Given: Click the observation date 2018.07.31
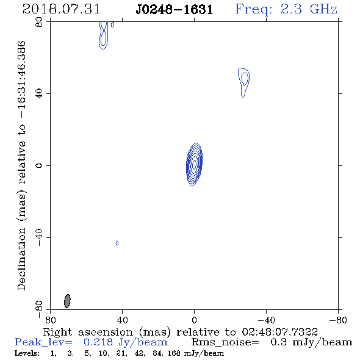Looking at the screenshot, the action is pyautogui.click(x=61, y=9).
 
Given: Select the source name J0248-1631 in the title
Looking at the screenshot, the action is pyautogui.click(x=175, y=10).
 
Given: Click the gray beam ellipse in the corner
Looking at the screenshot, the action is pyautogui.click(x=67, y=301).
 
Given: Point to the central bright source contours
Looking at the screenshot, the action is pyautogui.click(x=194, y=164).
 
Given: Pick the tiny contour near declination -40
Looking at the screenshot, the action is pyautogui.click(x=117, y=243).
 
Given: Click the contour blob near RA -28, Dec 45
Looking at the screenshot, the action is pyautogui.click(x=244, y=82).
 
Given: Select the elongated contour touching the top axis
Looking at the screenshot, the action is pyautogui.click(x=104, y=35).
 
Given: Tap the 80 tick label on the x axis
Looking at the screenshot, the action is pyautogui.click(x=50, y=320).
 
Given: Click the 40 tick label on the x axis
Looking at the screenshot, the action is pyautogui.click(x=122, y=320).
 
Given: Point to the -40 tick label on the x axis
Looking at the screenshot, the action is pyautogui.click(x=266, y=320).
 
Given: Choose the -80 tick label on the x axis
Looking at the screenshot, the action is pyautogui.click(x=338, y=320).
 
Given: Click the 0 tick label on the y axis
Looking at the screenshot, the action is pyautogui.click(x=39, y=165).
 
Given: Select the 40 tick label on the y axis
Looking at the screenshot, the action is pyautogui.click(x=39, y=94).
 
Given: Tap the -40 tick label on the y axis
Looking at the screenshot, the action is pyautogui.click(x=39, y=237).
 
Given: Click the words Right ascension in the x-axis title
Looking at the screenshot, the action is pyautogui.click(x=88, y=332).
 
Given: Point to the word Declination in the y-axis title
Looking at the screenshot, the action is pyautogui.click(x=21, y=259).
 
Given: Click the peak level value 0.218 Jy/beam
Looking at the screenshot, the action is pyautogui.click(x=126, y=342).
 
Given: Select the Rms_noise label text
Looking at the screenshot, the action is pyautogui.click(x=225, y=342).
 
